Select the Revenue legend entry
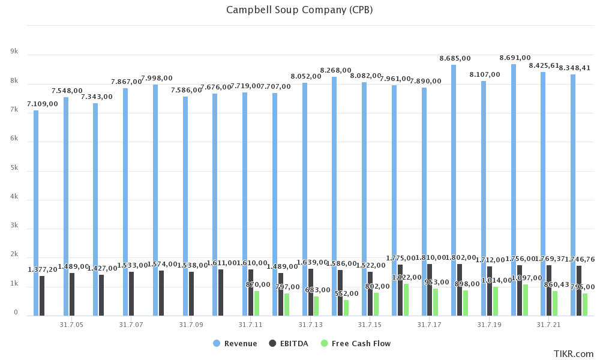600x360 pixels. coord(241,344)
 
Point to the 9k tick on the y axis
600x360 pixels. coord(14,52)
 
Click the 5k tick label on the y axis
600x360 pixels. coord(14,169)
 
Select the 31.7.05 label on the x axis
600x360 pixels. coord(71,325)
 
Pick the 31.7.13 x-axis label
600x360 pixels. coord(310,325)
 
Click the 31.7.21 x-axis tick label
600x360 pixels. coord(549,325)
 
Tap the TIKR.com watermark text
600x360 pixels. coord(574,354)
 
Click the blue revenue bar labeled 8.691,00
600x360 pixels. coord(514,189)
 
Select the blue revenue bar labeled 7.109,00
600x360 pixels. coord(36,213)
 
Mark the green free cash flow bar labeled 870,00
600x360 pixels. coord(257,304)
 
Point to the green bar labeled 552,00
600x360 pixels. coord(346,308)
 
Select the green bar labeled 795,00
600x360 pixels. coord(585,305)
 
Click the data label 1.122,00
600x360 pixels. coord(406,277)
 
